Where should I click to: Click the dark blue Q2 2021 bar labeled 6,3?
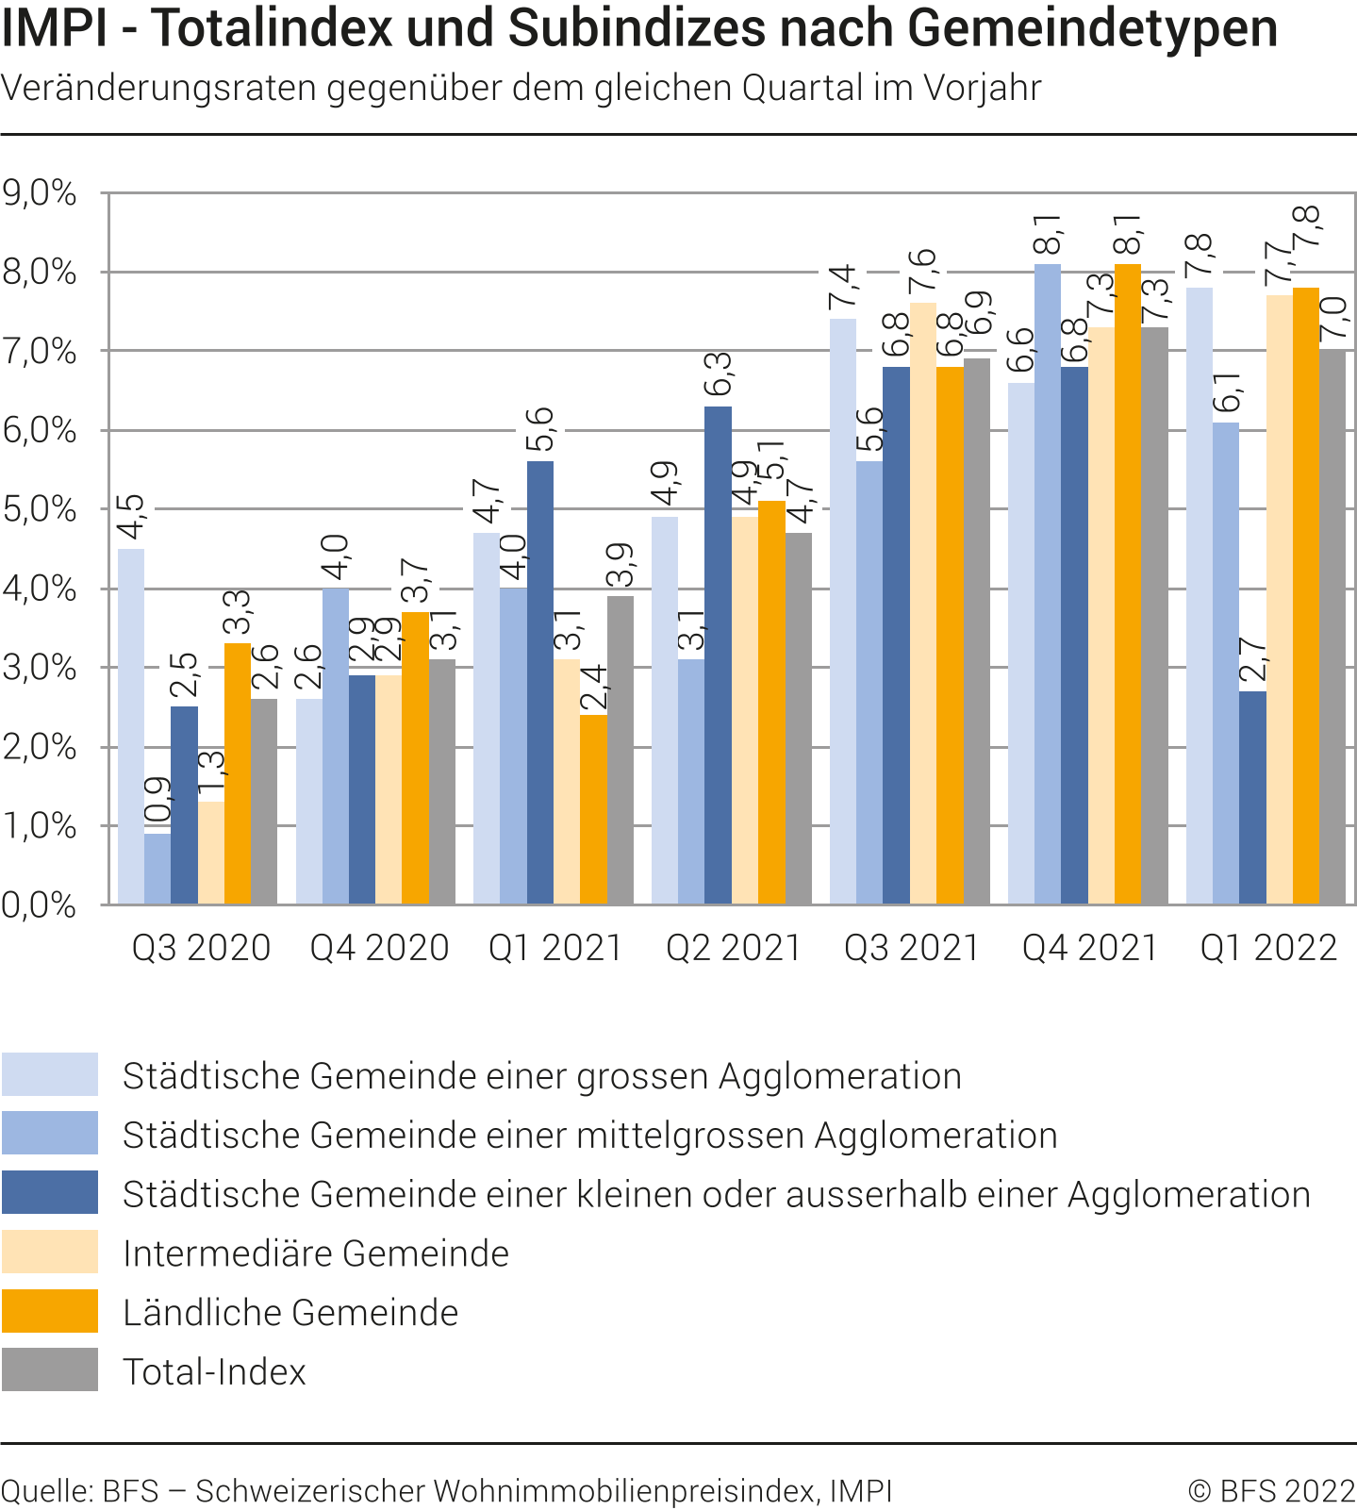(x=718, y=655)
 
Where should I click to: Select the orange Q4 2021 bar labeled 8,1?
(x=1127, y=585)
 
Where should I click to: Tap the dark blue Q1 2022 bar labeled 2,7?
(x=1252, y=798)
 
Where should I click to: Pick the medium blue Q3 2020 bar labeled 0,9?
(x=157, y=869)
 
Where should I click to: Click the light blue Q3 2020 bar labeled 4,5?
(x=131, y=726)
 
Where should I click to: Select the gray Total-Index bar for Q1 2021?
(x=621, y=750)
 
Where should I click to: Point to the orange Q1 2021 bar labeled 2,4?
(x=593, y=809)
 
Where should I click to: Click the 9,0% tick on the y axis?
(x=40, y=193)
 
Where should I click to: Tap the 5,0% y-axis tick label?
(x=40, y=510)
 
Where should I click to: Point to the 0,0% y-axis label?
(x=40, y=905)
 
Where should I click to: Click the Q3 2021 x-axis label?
(x=912, y=948)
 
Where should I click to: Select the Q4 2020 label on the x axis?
(x=379, y=948)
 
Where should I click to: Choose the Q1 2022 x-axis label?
(x=1268, y=948)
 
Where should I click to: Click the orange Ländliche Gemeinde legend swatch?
(x=50, y=1311)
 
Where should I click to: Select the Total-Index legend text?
(x=214, y=1371)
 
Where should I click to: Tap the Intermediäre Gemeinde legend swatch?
(x=50, y=1252)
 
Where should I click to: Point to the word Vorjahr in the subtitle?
(x=983, y=88)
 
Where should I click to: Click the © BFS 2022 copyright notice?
(x=1271, y=1491)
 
